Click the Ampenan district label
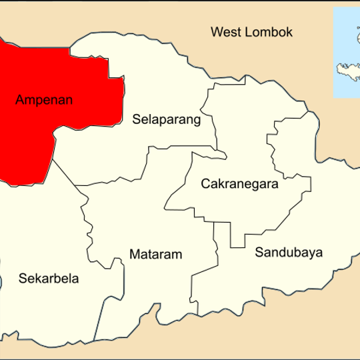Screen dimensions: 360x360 pyautogui.click(x=43, y=101)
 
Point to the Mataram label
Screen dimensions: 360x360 pyautogui.click(x=155, y=254)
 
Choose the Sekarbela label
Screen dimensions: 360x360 pyautogui.click(x=49, y=279)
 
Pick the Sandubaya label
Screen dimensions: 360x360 pyautogui.click(x=288, y=253)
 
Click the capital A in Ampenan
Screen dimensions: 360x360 pyautogui.click(x=19, y=101)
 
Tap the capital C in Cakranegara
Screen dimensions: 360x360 pyautogui.click(x=205, y=183)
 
